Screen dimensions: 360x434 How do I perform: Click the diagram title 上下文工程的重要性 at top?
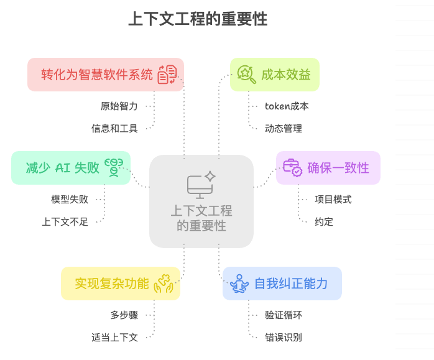[198, 19]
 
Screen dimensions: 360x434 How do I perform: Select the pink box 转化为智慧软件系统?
[106, 75]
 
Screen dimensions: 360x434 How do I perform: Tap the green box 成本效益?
[275, 75]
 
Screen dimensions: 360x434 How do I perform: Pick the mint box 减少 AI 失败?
[71, 168]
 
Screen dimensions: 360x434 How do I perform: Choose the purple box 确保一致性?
[328, 168]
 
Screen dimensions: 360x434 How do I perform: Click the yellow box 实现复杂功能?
[121, 284]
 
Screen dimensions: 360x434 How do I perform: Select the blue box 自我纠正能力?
[282, 284]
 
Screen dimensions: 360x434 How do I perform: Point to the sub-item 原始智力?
[119, 106]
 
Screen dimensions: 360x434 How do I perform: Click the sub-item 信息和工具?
[114, 128]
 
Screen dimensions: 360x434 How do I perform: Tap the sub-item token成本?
[287, 106]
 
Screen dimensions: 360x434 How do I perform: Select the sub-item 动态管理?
[284, 128]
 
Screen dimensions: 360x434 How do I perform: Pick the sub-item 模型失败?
[70, 200]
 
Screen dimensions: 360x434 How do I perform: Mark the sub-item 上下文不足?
[65, 221]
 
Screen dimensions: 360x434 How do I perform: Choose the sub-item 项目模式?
[333, 200]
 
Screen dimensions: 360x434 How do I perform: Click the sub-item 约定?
[324, 221]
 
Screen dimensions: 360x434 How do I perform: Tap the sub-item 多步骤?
[124, 315]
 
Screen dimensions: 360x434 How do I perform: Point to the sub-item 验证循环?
[284, 315]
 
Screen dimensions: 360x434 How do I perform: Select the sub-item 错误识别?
[284, 337]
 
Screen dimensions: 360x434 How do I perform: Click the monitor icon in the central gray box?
[201, 185]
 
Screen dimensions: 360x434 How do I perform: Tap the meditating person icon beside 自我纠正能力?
[239, 284]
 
